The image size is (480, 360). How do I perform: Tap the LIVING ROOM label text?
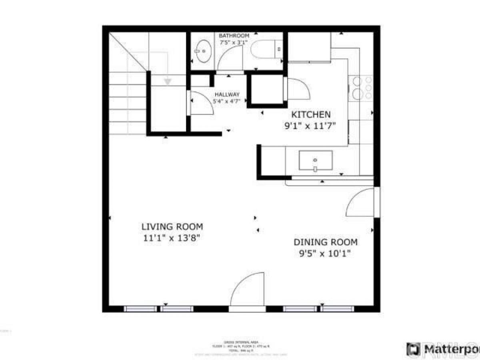pos(172,227)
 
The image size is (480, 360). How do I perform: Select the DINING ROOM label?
pos(326,242)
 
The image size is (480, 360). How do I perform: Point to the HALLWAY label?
pos(227,94)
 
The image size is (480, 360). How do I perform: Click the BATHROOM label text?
pos(234,36)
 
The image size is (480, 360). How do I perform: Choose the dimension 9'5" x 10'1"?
pos(326,253)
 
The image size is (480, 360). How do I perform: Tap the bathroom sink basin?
pos(205,51)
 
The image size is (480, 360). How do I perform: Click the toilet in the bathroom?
pos(264,51)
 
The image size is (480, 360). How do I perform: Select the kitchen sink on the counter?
pos(316,160)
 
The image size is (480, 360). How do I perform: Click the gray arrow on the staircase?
pos(168,82)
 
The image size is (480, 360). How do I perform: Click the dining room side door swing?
pos(361,204)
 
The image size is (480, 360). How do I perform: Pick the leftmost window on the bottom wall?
pos(140,309)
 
